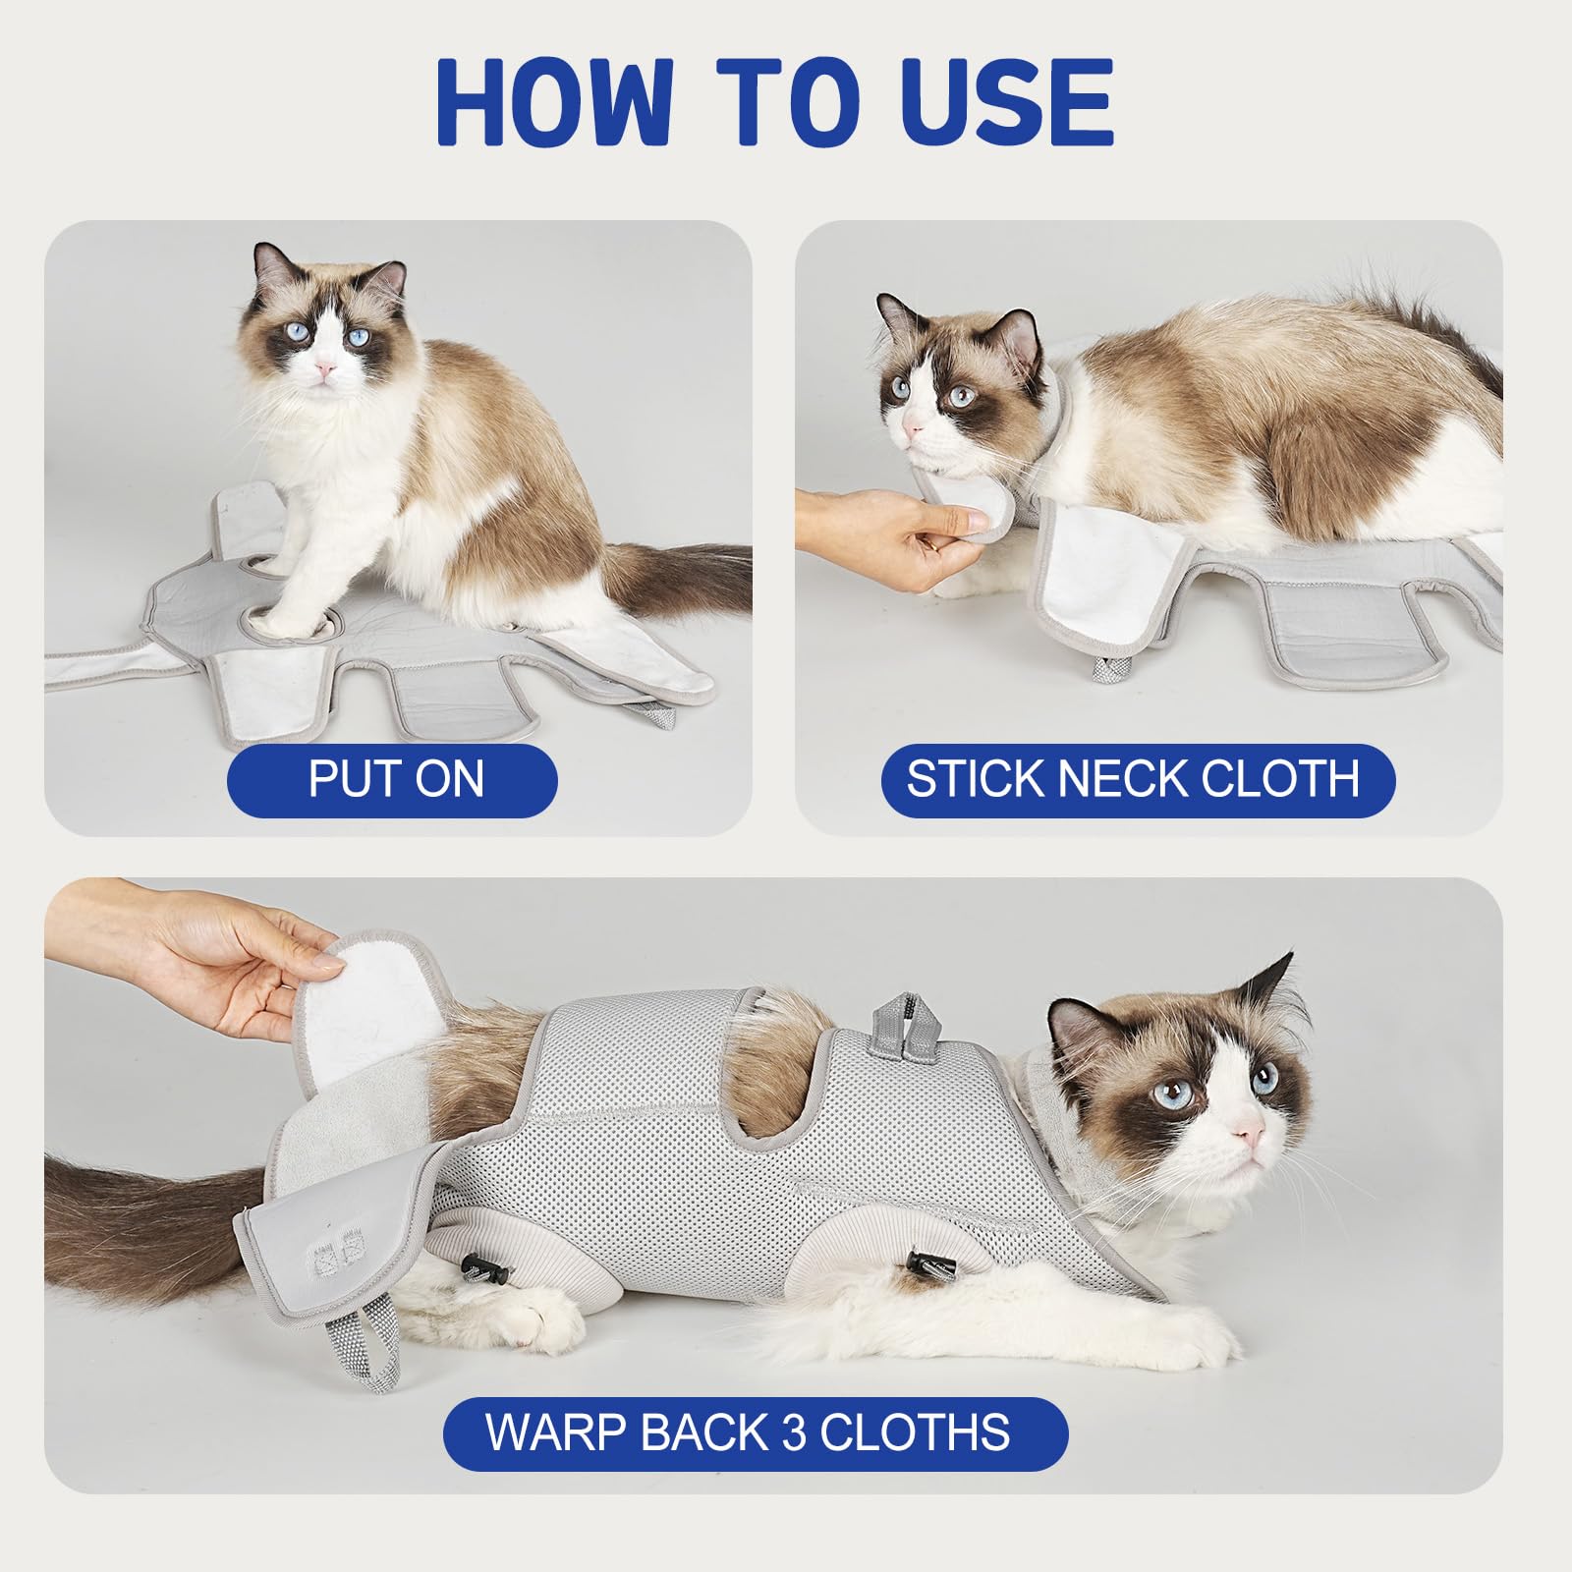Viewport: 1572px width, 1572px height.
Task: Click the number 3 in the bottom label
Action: [x=794, y=1432]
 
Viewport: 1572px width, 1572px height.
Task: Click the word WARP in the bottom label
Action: [x=556, y=1432]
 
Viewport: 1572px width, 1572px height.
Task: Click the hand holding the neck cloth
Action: [x=884, y=535]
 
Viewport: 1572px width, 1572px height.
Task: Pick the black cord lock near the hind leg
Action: [x=480, y=1269]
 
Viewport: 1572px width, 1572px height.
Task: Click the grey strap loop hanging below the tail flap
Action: [x=378, y=1346]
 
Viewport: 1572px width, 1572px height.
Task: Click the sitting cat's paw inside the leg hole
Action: [x=285, y=619]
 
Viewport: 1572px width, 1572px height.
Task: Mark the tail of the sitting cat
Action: [x=678, y=580]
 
